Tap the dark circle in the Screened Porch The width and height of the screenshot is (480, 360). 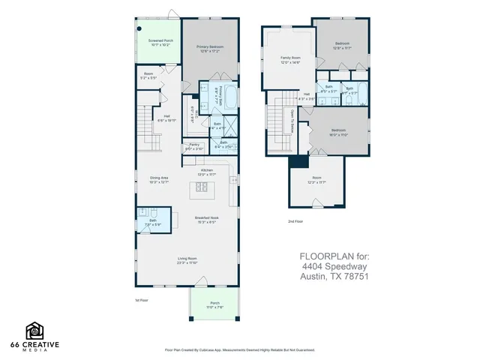point(139,30)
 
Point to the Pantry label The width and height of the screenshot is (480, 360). point(193,146)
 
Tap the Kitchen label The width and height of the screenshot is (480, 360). point(206,172)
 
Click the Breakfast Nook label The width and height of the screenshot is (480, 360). point(206,220)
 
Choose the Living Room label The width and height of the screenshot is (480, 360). point(188,262)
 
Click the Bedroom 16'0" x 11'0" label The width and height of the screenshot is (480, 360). point(338,131)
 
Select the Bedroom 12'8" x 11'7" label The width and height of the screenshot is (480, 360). point(342,46)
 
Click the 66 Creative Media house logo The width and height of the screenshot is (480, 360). point(34,330)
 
